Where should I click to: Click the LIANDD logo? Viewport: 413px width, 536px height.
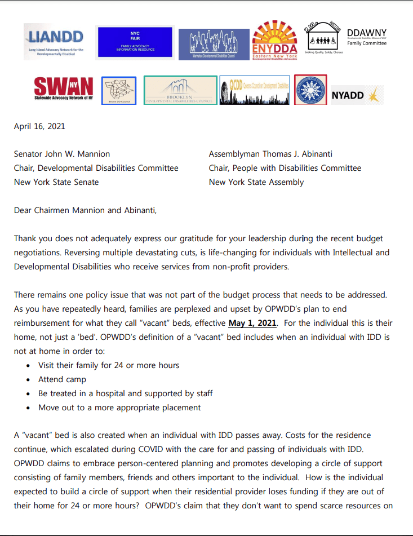tap(55, 41)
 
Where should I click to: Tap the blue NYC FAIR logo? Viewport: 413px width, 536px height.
tap(135, 42)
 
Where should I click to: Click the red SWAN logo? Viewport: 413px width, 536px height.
tap(63, 90)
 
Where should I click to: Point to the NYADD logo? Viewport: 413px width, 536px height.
tap(356, 95)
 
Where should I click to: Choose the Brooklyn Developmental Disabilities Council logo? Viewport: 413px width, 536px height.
tap(180, 91)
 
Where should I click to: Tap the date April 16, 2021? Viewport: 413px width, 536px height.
tap(39, 126)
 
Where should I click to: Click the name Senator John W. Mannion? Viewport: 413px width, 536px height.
tap(62, 154)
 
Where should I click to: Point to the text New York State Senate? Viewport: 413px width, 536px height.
tap(56, 182)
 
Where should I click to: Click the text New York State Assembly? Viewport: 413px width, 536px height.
tap(256, 182)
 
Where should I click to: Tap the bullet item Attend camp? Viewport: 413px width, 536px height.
tap(63, 379)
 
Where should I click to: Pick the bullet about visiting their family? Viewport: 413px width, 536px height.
tap(109, 365)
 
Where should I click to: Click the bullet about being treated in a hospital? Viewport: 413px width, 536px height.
tap(125, 393)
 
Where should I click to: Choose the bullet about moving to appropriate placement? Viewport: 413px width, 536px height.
tap(119, 407)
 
